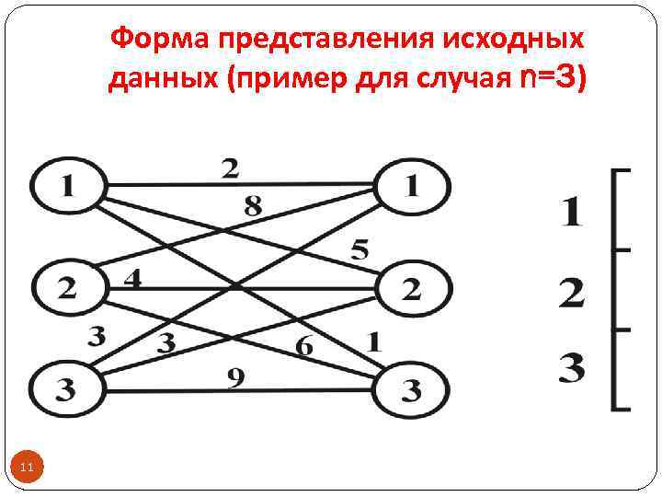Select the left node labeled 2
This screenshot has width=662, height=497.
tap(67, 286)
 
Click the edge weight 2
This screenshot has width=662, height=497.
tap(230, 168)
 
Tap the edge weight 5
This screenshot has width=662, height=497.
tap(360, 248)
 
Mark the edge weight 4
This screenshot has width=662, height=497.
tap(132, 277)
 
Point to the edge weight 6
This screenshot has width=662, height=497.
tap(304, 347)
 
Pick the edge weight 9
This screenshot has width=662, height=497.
tap(236, 376)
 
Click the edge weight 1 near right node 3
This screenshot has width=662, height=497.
tap(374, 341)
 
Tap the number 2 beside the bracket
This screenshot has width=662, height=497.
tap(571, 294)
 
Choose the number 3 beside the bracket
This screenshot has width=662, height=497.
tap(571, 370)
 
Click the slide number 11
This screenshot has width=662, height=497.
tap(27, 468)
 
